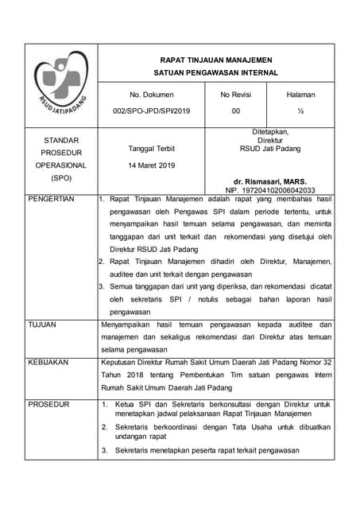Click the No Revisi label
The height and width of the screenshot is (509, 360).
235,95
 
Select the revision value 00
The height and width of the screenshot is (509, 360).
235,111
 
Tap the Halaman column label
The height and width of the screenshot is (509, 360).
300,95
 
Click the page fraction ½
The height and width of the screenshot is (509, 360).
300,111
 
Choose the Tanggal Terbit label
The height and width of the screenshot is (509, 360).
152,149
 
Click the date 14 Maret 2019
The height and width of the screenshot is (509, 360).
152,165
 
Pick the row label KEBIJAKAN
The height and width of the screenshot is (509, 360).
48,362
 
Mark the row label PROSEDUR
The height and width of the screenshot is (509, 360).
48,405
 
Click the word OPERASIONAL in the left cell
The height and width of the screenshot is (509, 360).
60,165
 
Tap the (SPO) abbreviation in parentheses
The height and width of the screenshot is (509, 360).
60,178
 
